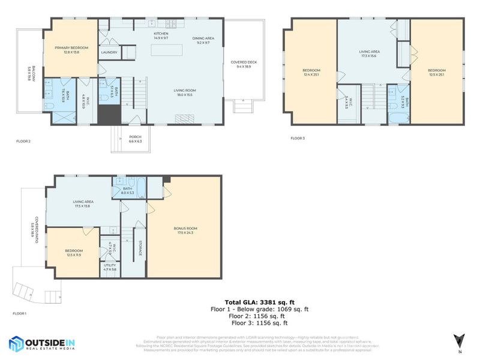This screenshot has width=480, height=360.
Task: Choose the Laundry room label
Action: tap(109, 52)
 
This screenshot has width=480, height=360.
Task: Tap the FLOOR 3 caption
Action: tap(298, 138)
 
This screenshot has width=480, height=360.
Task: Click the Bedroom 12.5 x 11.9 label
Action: tap(73, 253)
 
